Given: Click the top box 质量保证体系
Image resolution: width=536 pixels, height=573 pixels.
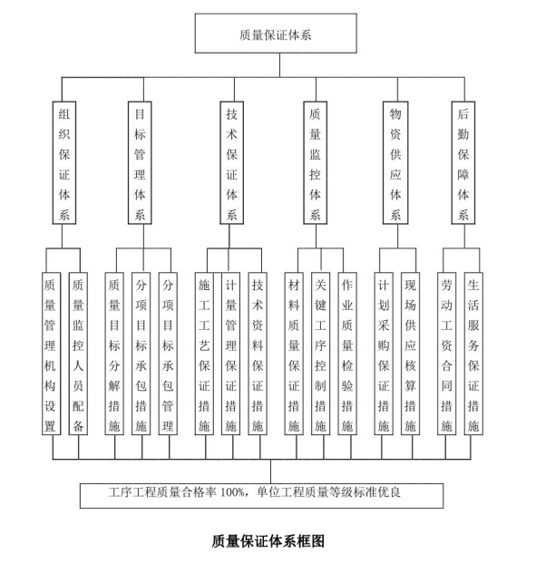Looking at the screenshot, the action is coord(276,34).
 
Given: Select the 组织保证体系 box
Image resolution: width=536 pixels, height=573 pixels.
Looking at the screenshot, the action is coord(64,162).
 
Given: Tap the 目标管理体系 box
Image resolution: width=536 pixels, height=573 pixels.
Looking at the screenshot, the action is coord(140,162).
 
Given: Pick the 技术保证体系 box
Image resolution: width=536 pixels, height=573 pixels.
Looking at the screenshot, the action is coord(232,162).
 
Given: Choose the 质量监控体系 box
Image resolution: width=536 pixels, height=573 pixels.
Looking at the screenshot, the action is coord(316,162).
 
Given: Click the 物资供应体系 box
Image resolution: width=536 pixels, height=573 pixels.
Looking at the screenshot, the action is coord(395,162).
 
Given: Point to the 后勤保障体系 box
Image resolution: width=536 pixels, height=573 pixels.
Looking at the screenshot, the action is coord(463,162).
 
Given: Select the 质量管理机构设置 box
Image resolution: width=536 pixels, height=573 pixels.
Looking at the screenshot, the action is coord(51,354).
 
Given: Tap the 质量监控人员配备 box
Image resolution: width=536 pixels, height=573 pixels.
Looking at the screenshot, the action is coord(78,354).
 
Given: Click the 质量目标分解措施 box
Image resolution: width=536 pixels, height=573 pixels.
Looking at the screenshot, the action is coord(114,354).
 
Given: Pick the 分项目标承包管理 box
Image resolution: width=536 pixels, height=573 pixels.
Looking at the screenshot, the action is coord(168,354).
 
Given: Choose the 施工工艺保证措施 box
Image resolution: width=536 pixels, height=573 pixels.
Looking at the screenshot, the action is coord(204,354).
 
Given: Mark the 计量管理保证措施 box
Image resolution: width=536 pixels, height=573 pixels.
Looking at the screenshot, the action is coord(230,354).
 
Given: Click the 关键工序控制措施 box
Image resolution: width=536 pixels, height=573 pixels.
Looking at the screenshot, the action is coord(321,354).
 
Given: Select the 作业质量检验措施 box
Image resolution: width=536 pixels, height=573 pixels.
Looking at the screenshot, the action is coord(347,354).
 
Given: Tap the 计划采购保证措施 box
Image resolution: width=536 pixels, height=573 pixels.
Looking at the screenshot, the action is coord(384,354).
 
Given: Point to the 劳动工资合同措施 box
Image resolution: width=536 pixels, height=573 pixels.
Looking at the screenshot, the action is coord(447,354).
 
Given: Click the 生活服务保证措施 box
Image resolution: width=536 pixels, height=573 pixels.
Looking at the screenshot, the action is coord(473,354).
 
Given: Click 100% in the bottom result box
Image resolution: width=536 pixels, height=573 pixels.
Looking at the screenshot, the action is coord(232,492).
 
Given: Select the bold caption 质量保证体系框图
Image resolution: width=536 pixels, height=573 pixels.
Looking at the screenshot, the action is coord(268,541).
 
